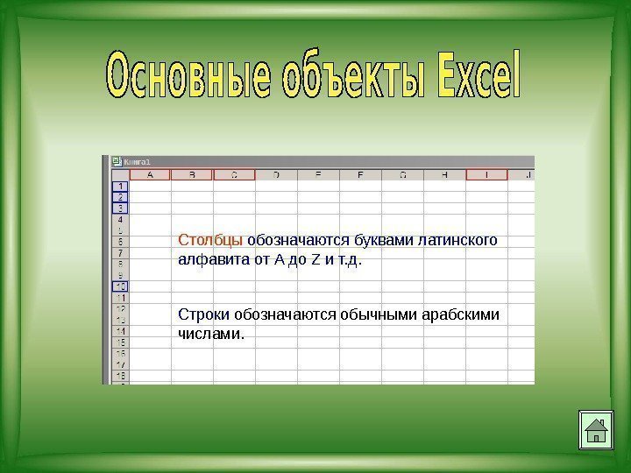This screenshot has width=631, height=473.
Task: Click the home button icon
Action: tap(595, 430)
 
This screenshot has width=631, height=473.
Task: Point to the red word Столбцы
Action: tap(211, 240)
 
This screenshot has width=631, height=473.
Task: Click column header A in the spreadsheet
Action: tap(150, 175)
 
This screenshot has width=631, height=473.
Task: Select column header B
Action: tap(192, 175)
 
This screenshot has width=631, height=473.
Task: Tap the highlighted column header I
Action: tap(487, 175)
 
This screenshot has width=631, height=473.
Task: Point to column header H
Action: tap(445, 175)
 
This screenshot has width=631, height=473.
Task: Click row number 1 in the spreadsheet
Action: tap(118, 187)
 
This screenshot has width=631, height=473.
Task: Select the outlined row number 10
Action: tap(118, 286)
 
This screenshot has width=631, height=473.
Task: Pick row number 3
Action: tap(118, 208)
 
